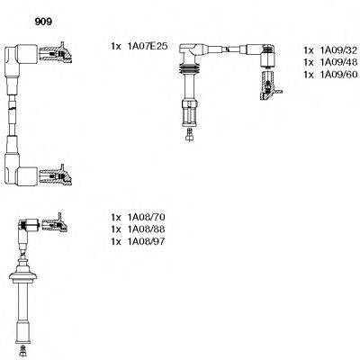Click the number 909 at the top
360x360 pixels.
pyautogui.click(x=43, y=22)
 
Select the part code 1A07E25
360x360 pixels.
pyautogui.click(x=148, y=46)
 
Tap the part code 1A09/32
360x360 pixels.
pyautogui.click(x=338, y=49)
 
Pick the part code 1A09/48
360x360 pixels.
pyautogui.click(x=338, y=62)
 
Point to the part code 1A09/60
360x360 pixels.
pyautogui.click(x=338, y=75)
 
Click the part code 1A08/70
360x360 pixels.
pyautogui.click(x=147, y=217)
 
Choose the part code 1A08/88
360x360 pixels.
pyautogui.click(x=147, y=229)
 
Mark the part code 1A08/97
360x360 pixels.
pyautogui.click(x=147, y=241)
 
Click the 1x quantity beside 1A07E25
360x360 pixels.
pyautogui.click(x=116, y=46)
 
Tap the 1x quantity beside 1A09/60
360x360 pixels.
pyautogui.click(x=309, y=75)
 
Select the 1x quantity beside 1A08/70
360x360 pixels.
pyautogui.click(x=116, y=217)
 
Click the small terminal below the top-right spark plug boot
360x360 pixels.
pyautogui.click(x=189, y=134)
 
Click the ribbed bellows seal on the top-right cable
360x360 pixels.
pyautogui.click(x=189, y=69)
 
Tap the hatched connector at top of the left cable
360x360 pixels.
pyautogui.click(x=56, y=53)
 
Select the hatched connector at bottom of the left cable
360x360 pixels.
pyautogui.click(x=56, y=175)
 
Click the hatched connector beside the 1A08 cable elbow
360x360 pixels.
pyautogui.click(x=55, y=223)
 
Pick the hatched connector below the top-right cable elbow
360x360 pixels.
pyautogui.click(x=269, y=85)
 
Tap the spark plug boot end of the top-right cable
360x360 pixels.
pyautogui.click(x=189, y=113)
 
